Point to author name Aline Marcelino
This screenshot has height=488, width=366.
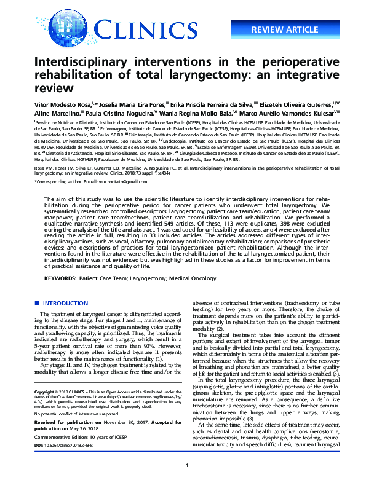(55, 113)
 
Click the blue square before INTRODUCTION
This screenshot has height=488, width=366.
(36, 304)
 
